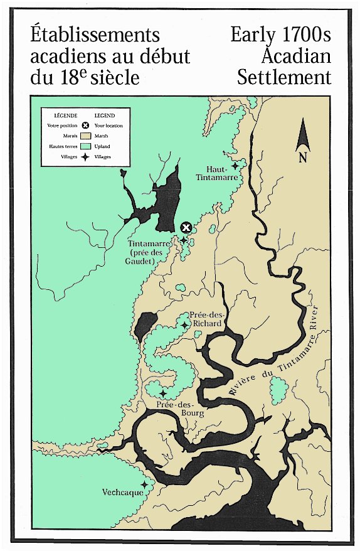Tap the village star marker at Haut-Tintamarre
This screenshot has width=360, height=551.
point(235,166)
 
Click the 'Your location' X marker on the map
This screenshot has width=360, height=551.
point(186,228)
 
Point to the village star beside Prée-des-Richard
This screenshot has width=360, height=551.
point(184,324)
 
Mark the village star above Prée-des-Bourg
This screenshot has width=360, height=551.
point(163,393)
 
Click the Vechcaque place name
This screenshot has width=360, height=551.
point(123,493)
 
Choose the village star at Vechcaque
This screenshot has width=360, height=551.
point(144,484)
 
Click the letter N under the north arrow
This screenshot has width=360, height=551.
point(302,158)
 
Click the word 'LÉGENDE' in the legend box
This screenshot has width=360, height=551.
point(66,116)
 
